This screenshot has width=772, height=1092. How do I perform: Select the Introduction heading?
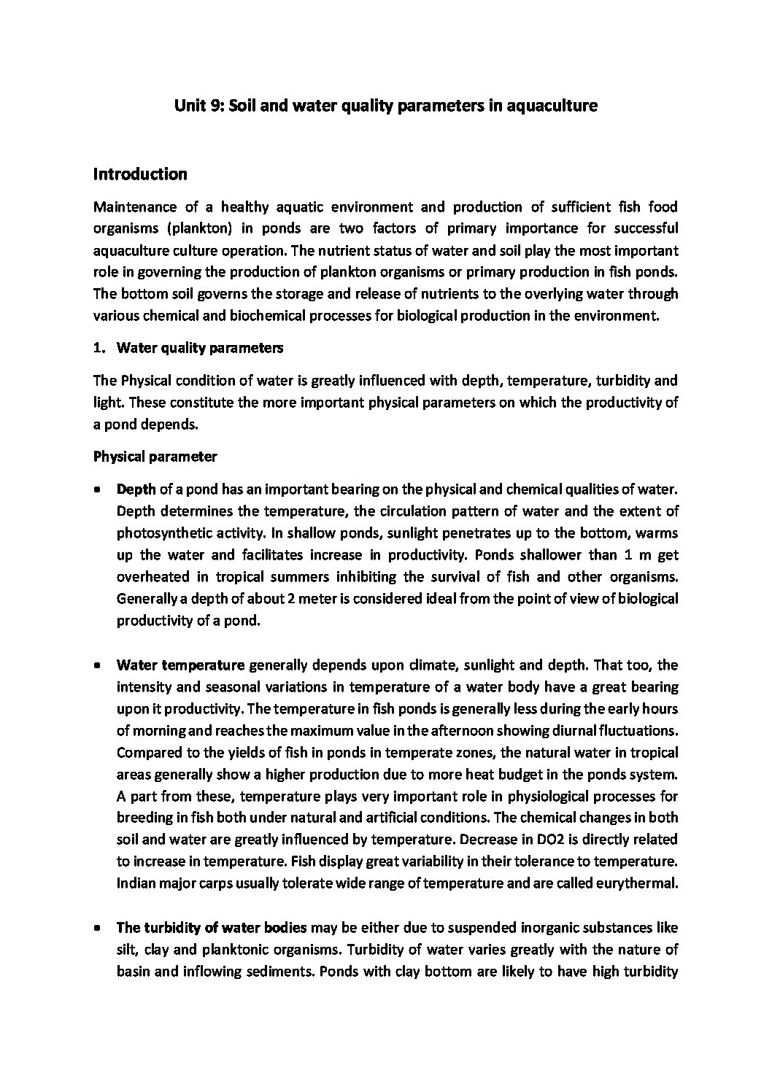pyautogui.click(x=140, y=174)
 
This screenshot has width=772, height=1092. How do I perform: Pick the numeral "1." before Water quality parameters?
pyautogui.click(x=99, y=348)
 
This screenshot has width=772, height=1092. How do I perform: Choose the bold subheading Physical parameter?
pyautogui.click(x=155, y=457)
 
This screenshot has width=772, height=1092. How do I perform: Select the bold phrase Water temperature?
pyautogui.click(x=180, y=665)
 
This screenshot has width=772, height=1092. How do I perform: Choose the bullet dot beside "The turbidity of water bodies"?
pyautogui.click(x=98, y=929)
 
